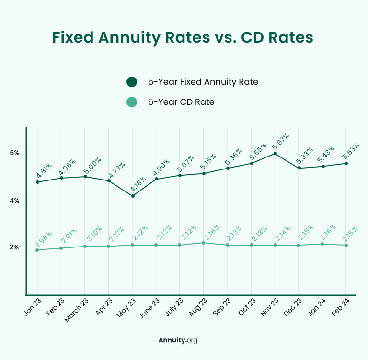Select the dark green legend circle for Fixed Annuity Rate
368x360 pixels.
pyautogui.click(x=131, y=82)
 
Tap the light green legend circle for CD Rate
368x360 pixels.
pyautogui.click(x=131, y=102)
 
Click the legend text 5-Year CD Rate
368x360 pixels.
pyautogui.click(x=181, y=102)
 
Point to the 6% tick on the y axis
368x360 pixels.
pyautogui.click(x=14, y=153)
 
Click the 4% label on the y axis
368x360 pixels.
pyautogui.click(x=14, y=201)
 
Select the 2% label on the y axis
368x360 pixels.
pyautogui.click(x=14, y=247)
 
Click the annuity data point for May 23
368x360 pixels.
pyautogui.click(x=133, y=196)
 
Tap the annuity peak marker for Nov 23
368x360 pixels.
pyautogui.click(x=275, y=153)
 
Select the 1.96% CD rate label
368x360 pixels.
pyautogui.click(x=43, y=238)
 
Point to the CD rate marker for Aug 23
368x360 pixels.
pyautogui.click(x=204, y=243)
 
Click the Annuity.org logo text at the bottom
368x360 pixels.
pyautogui.click(x=178, y=340)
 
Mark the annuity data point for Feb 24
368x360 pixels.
pyautogui.click(x=346, y=163)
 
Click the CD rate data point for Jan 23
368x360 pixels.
pyautogui.click(x=37, y=250)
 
